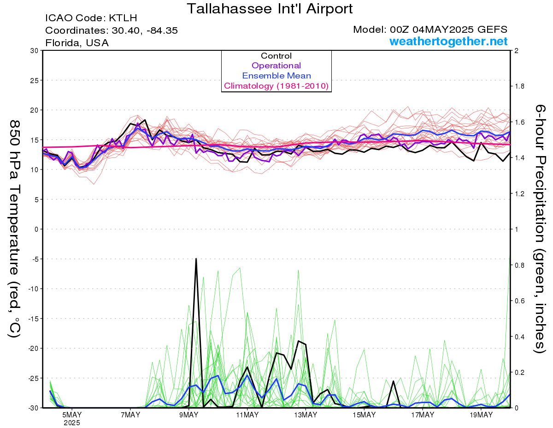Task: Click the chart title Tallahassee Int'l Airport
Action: (270, 9)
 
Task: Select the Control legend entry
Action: (276, 55)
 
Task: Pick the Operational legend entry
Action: (276, 66)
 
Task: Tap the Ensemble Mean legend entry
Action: (276, 76)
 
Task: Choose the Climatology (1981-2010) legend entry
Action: (276, 86)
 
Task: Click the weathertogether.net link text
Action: (448, 41)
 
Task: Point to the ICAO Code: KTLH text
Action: (91, 18)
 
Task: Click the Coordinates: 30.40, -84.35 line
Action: (112, 30)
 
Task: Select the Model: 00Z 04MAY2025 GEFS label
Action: (430, 30)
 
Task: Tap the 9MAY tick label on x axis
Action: (188, 415)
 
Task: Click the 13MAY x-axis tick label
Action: (306, 415)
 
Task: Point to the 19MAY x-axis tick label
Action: (481, 415)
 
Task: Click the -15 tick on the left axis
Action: (33, 319)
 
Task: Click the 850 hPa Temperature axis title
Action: (15, 229)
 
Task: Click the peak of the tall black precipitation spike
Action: (196, 259)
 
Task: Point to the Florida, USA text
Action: (77, 43)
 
